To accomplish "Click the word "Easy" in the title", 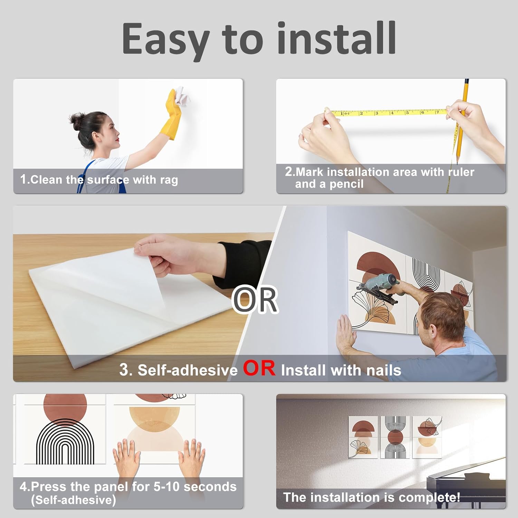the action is tap(166, 39).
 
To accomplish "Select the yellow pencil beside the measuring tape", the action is tap(462, 121).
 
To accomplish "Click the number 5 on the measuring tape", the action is tap(407, 113).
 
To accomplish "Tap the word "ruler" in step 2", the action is tap(461, 172).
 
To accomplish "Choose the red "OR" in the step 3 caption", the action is tap(259, 368).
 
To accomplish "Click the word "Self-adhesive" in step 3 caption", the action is tap(188, 370).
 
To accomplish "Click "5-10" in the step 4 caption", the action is tap(166, 487).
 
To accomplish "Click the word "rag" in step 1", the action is tap(169, 180).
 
